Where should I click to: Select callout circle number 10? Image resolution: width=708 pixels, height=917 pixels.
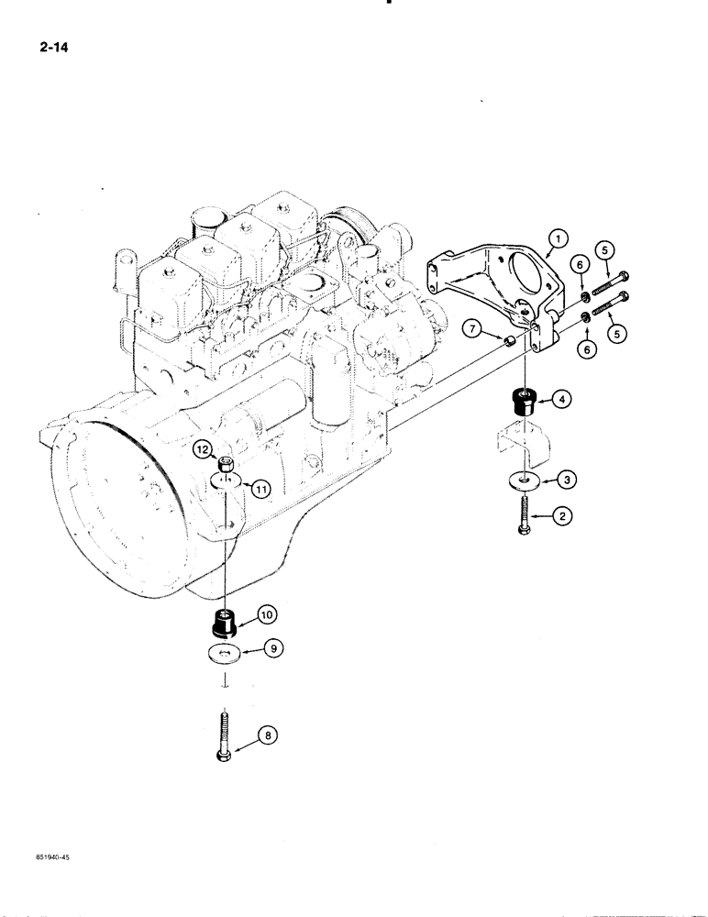tap(272, 612)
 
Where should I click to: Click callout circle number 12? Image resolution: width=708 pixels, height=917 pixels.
tap(205, 449)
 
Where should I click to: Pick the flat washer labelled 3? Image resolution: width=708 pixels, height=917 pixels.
tap(523, 478)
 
